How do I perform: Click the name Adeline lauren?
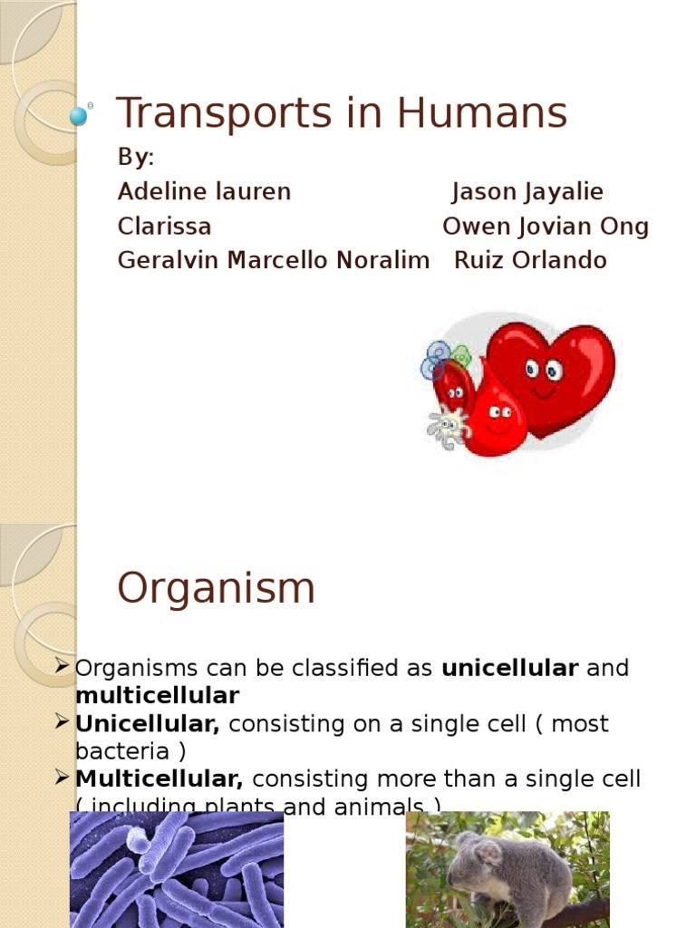click(x=204, y=192)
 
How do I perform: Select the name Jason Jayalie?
click(x=527, y=192)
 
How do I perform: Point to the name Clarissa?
click(x=164, y=227)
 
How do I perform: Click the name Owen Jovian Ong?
click(x=546, y=227)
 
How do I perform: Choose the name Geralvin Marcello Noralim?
click(x=273, y=261)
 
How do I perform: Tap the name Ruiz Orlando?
click(x=530, y=261)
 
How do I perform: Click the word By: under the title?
click(x=136, y=158)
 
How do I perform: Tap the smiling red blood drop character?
click(x=495, y=416)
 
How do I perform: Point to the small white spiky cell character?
click(x=448, y=428)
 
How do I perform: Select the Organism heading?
click(x=216, y=589)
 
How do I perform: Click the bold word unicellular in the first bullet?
click(x=509, y=669)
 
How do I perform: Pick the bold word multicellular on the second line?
click(x=157, y=696)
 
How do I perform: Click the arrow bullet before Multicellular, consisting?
click(x=63, y=778)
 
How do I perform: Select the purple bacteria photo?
click(x=177, y=870)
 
